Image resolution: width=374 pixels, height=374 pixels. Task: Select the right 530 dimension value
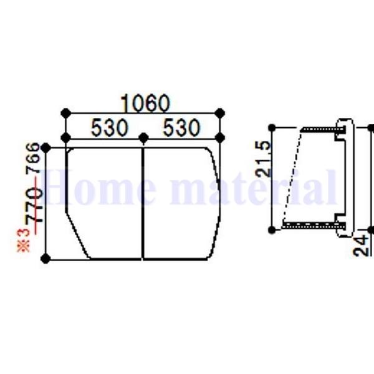[x=181, y=128]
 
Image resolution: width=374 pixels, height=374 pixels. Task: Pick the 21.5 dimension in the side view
[x=264, y=159]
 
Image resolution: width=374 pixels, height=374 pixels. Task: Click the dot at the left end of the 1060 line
[x=65, y=113]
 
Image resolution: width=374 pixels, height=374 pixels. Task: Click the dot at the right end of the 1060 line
[x=219, y=113]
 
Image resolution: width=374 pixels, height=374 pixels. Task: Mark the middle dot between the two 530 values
[x=143, y=137]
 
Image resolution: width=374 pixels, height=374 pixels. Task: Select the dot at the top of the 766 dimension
[x=46, y=148]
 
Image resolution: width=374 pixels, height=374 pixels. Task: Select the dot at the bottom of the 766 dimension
[x=45, y=259]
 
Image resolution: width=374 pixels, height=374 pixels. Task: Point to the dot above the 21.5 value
[x=272, y=128]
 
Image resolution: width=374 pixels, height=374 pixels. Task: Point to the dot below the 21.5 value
[x=272, y=230]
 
